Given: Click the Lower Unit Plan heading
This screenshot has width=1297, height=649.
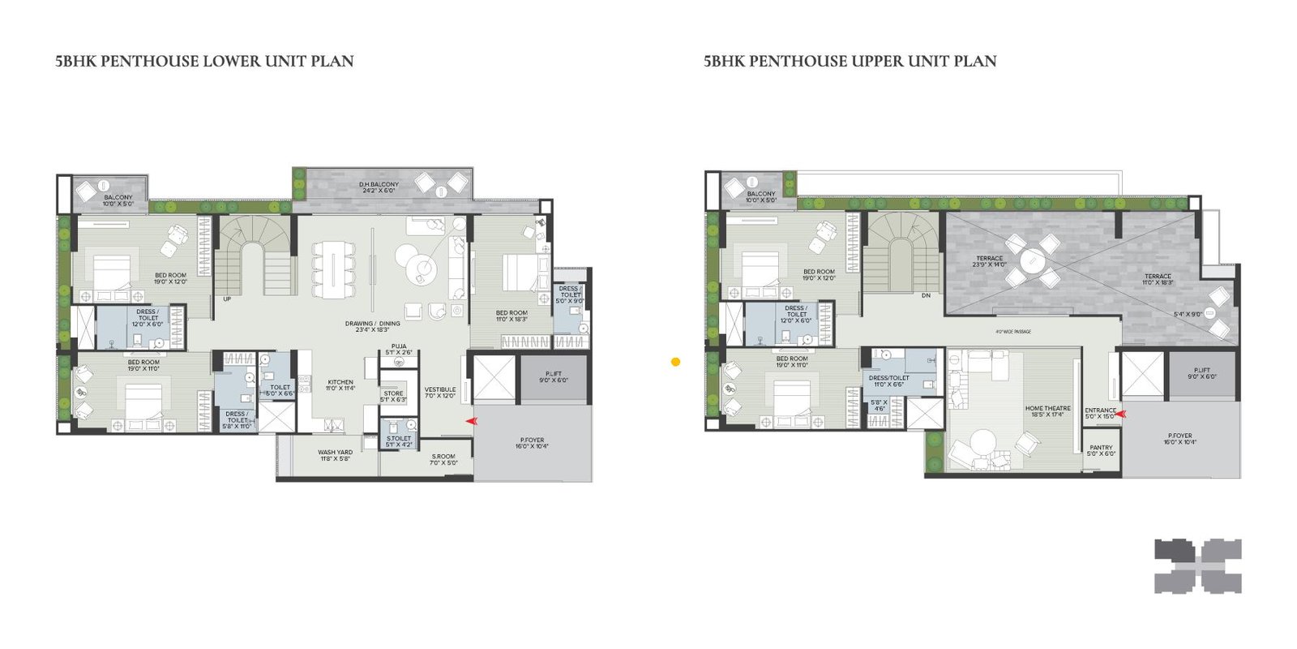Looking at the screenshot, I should [204, 61].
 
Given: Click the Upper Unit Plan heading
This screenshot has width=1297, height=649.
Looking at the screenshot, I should [850, 61].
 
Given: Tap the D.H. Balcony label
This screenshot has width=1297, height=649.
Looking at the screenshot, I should [379, 187].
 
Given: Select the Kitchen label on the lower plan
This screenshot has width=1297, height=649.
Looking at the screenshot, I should [340, 385].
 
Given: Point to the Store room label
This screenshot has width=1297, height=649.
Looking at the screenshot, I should [394, 396].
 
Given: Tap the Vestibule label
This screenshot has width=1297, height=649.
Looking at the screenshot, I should [440, 393].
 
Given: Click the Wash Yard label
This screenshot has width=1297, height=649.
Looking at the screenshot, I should [335, 455].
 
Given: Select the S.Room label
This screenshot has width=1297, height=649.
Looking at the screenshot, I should [443, 459].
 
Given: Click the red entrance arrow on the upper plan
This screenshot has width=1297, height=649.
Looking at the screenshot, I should [1121, 414].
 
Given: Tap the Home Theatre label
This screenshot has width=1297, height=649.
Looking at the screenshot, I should [1047, 411].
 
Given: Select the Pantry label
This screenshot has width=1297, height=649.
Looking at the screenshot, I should [1101, 450].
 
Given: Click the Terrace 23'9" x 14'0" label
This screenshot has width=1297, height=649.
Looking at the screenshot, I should [990, 261].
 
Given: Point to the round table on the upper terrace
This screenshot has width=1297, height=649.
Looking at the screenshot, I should [1032, 260].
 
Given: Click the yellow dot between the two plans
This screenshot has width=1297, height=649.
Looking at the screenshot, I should [675, 362].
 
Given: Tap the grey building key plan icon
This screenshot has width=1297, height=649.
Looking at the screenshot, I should [1198, 565].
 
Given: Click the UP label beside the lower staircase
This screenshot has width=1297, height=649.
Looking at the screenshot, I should [227, 299].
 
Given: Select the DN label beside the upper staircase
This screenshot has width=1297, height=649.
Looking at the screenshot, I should [926, 295].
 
